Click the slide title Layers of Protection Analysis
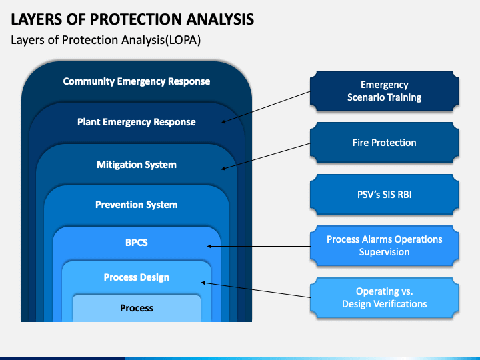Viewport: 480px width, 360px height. point(132,19)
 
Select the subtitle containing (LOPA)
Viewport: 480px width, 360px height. point(106,40)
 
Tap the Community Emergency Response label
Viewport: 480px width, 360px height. point(136,81)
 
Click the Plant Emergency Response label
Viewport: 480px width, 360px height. point(136,122)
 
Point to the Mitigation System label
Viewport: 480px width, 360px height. point(136,164)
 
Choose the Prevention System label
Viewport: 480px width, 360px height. point(136,205)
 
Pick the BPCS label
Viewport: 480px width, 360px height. point(136,243)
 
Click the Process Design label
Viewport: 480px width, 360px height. point(136,277)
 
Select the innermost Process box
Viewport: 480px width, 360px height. point(136,308)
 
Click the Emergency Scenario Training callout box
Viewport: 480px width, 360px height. point(384,91)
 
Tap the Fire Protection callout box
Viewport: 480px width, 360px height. point(384,143)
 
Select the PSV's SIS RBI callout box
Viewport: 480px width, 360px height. point(384,194)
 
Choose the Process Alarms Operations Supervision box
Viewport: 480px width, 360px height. point(384,245)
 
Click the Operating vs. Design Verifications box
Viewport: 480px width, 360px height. point(384,297)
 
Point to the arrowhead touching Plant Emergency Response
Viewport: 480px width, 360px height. point(223,122)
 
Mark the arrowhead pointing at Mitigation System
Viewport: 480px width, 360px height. point(223,168)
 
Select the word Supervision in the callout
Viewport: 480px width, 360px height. point(384,252)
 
